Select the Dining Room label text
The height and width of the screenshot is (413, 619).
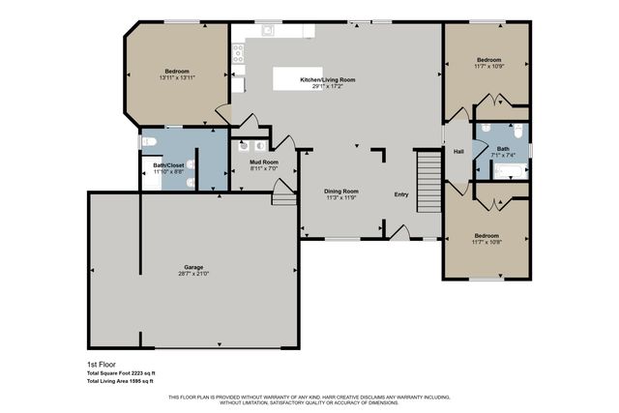point(340,191)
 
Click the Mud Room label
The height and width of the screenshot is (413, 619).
point(263,162)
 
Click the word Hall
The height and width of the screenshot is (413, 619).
point(459,151)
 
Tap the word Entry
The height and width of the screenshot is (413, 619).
point(401,194)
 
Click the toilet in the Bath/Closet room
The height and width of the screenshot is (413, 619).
point(149,142)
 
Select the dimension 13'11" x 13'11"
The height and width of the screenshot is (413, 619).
point(176,78)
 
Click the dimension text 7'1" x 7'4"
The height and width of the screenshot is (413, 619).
point(504,155)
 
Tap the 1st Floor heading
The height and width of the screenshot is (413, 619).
point(99,365)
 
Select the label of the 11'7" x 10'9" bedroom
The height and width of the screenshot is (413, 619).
point(486,60)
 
